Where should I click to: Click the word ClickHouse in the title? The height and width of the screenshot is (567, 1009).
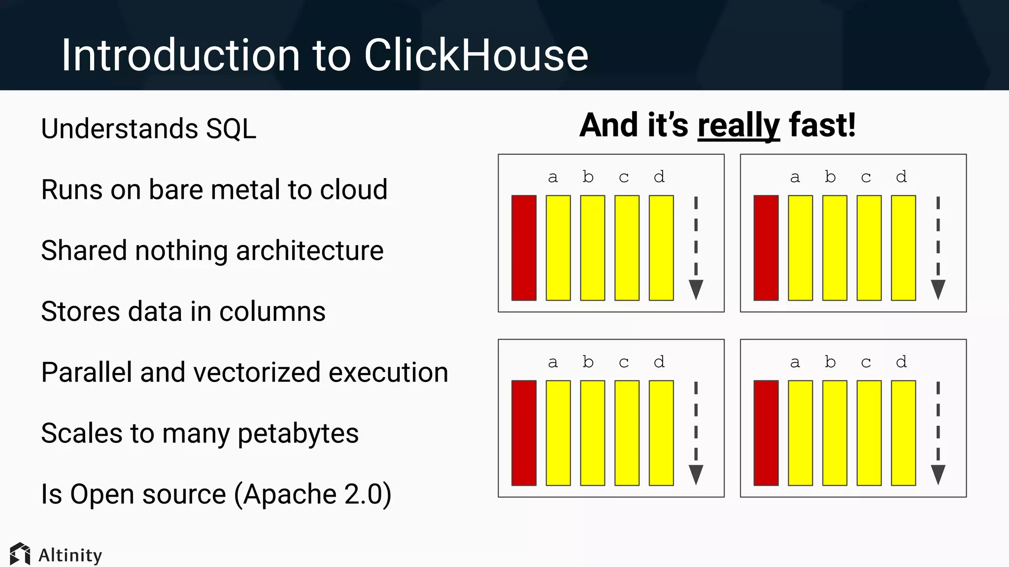click(x=476, y=55)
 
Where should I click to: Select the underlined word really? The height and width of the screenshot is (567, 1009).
click(x=739, y=126)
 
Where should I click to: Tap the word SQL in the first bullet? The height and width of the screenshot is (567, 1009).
click(x=231, y=129)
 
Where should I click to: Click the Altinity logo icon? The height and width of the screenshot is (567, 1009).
click(x=20, y=554)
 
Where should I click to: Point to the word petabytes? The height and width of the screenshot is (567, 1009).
click(x=298, y=434)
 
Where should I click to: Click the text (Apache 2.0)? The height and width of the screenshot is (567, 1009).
click(x=313, y=494)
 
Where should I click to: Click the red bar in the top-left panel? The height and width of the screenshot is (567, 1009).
click(x=524, y=248)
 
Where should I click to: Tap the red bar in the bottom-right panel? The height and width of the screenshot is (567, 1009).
click(x=766, y=433)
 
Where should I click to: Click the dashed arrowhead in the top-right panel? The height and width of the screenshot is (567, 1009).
click(x=938, y=289)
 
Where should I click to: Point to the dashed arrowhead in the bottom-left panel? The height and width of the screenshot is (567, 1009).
click(x=696, y=474)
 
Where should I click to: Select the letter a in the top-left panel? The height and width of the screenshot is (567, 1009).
click(x=553, y=177)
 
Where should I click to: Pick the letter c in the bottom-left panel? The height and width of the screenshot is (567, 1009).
click(x=624, y=363)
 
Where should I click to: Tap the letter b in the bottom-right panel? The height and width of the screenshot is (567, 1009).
click(x=830, y=362)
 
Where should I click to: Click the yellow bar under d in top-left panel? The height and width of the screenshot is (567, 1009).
click(x=661, y=248)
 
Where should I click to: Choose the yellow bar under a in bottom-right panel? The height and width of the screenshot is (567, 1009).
click(x=800, y=433)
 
